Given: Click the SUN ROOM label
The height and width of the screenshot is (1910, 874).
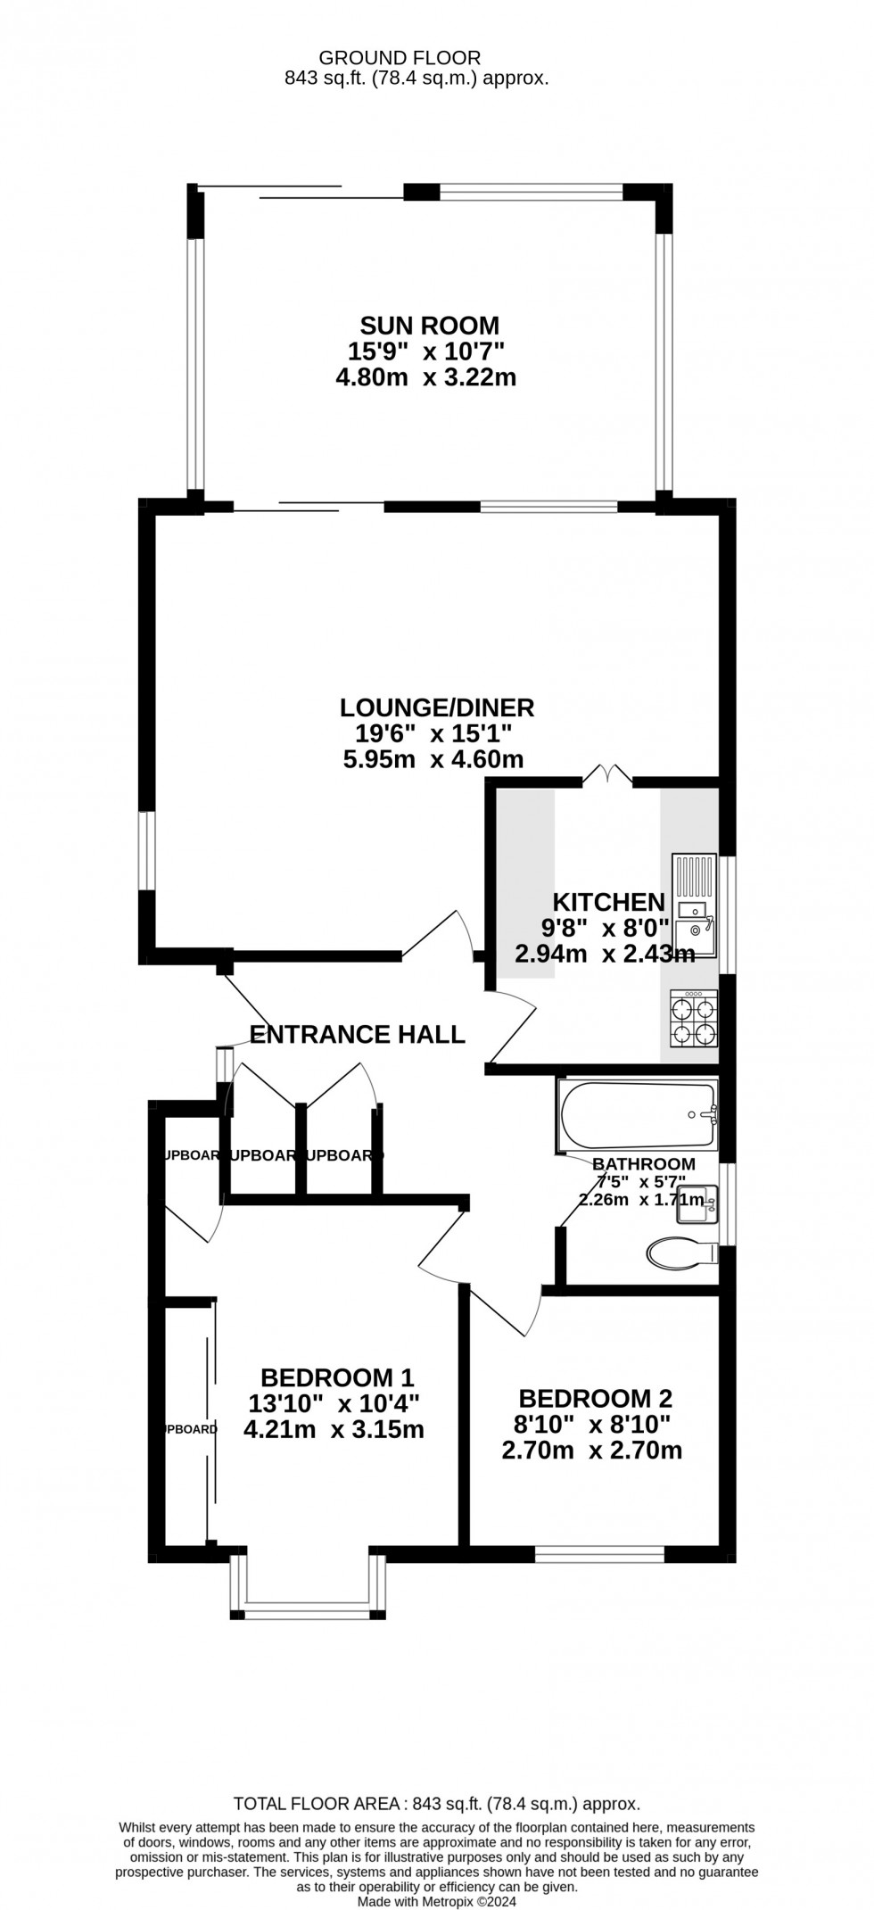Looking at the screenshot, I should tap(429, 325).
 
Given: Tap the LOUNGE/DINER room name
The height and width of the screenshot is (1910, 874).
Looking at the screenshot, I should tap(437, 708).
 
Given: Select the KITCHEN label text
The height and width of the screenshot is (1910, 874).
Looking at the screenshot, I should tap(608, 902).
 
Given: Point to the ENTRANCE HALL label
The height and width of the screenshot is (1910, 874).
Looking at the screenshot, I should tap(357, 1035).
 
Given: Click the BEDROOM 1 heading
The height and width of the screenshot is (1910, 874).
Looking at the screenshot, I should tap(337, 1378).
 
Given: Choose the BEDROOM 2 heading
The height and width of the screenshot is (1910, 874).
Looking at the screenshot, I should tap(595, 1399).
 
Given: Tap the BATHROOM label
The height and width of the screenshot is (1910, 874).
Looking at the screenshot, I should tap(644, 1163).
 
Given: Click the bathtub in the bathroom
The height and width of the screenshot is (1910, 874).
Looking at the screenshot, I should tap(639, 1114).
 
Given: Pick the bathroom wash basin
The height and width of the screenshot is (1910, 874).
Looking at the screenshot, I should tap(697, 1205).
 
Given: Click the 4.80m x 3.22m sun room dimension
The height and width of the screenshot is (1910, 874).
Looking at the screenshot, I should tap(425, 377).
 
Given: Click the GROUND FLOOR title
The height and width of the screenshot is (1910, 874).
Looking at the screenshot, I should tap(400, 58).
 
